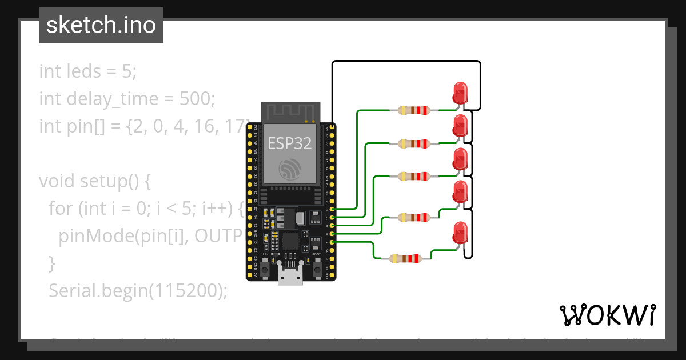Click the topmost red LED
click(x=460, y=92)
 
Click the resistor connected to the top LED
click(x=413, y=110)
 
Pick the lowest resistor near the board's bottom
click(x=405, y=259)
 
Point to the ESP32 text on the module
click(x=290, y=143)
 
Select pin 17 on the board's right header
click(x=332, y=210)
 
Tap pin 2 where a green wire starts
click(x=332, y=242)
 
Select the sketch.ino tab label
click(x=101, y=25)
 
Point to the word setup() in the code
click(x=115, y=181)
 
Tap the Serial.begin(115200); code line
click(x=138, y=291)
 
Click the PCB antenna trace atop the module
click(x=290, y=111)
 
